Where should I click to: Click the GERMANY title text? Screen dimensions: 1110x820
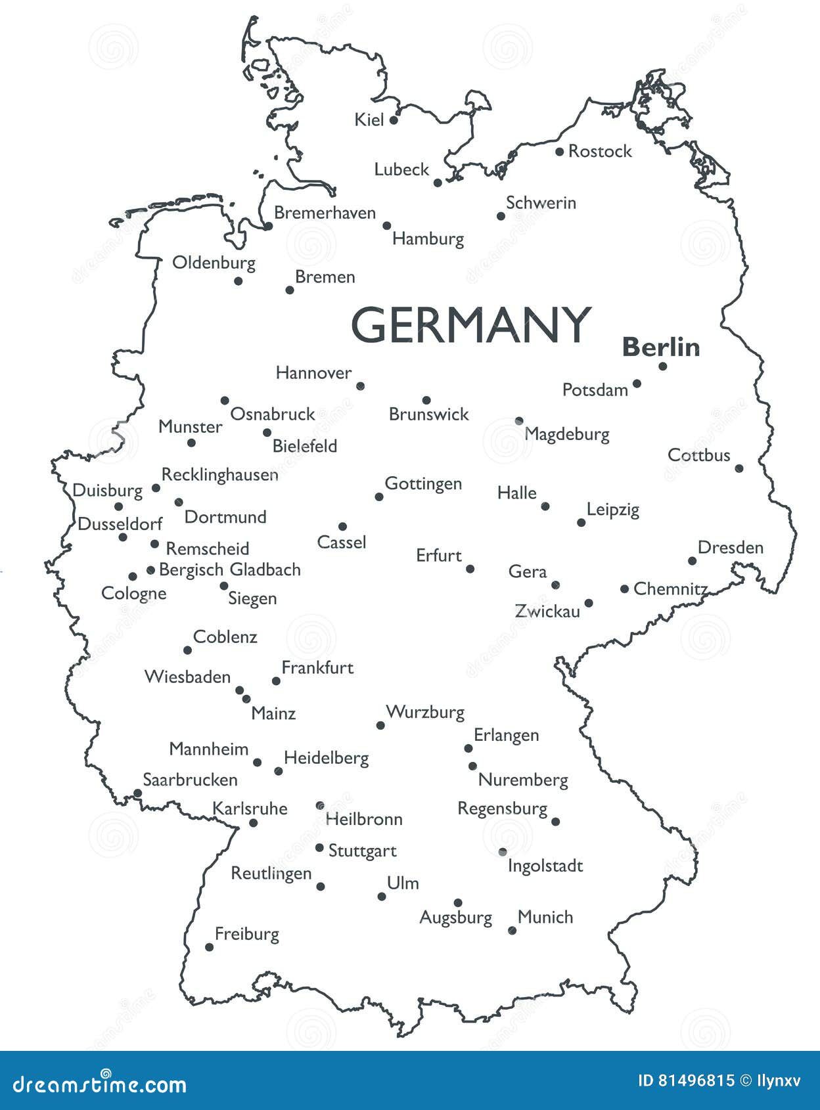[x=470, y=325]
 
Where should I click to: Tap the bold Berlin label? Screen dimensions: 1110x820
[x=661, y=347]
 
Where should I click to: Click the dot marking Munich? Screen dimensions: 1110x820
[x=512, y=930]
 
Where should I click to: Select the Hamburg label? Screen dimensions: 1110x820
[x=428, y=238]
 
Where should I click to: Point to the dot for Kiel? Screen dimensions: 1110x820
[x=394, y=120]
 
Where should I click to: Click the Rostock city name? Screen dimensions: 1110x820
[x=599, y=151]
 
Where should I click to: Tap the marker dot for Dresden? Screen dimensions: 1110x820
[x=692, y=560]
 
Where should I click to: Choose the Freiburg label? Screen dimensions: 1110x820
[x=246, y=934]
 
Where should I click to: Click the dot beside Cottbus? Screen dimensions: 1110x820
[x=739, y=468]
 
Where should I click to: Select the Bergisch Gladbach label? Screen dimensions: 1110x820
[x=229, y=569]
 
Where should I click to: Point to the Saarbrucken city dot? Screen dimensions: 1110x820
[x=137, y=793]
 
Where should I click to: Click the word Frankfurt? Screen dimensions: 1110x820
[x=317, y=668]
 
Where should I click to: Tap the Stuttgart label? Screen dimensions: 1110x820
[x=362, y=851]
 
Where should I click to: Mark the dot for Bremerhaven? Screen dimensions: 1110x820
[x=268, y=226]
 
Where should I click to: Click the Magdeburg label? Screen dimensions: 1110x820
[x=566, y=434]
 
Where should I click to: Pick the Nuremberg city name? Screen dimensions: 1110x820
[x=523, y=780]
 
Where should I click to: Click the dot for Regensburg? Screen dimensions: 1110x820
[x=555, y=821]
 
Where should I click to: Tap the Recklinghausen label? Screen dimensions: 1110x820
[x=219, y=475]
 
